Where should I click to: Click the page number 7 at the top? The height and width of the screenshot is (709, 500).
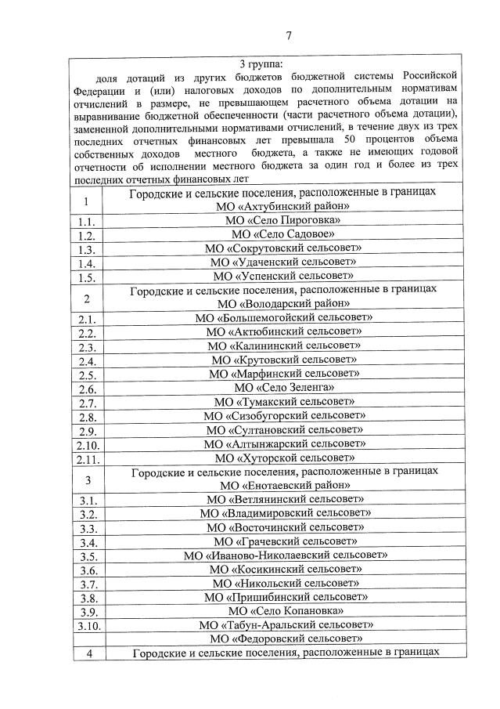point(288,35)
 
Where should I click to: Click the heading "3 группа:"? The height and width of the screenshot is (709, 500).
point(262,63)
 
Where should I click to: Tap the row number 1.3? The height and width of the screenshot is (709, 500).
point(86,248)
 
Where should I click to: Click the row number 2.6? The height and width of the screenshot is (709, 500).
point(86,388)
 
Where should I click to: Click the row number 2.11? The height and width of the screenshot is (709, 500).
point(86,458)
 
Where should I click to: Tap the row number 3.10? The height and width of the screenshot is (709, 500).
point(86,625)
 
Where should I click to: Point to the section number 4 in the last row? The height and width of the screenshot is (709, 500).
point(86,653)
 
